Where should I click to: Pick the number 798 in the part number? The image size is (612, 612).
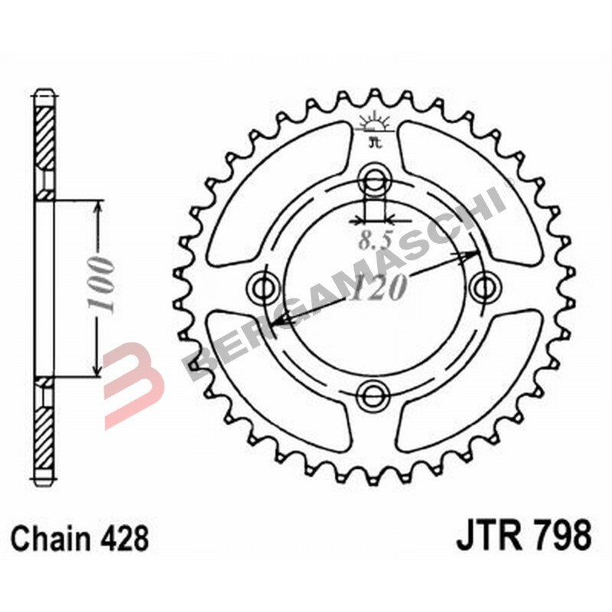tap(560, 535)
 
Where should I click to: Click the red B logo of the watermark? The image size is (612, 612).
tap(134, 375)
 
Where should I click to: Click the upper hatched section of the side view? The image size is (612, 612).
tap(45, 138)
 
